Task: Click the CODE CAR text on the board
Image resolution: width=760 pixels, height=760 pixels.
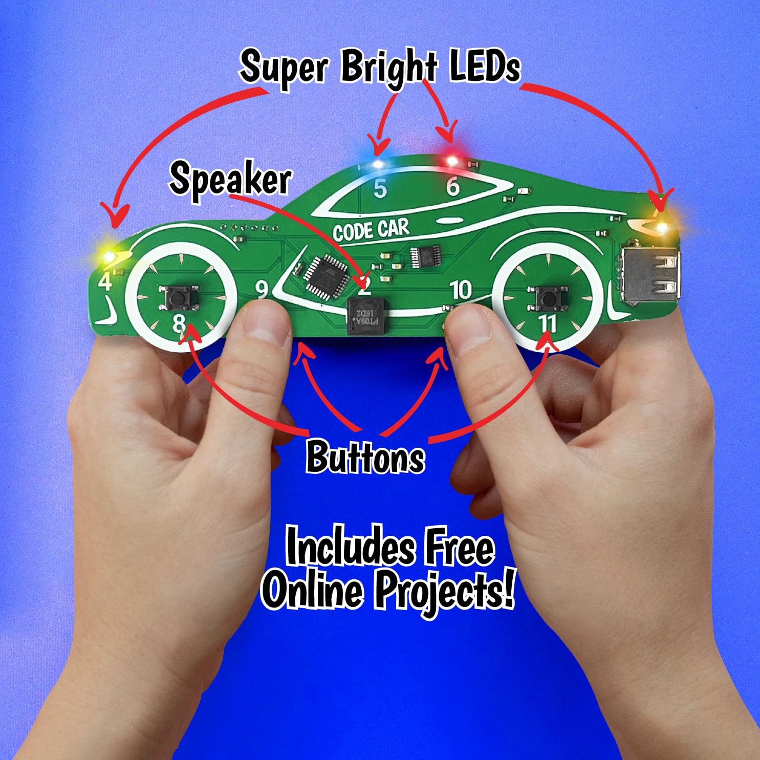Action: pos(371,230)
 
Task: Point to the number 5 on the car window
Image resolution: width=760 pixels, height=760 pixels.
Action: pos(380,189)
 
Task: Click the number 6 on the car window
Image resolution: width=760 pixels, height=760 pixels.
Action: pos(453,186)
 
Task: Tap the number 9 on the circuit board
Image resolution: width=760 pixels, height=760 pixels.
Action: pos(262,290)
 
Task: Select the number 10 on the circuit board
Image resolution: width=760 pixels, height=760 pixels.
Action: pos(461,290)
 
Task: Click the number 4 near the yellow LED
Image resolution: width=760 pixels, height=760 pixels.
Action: pos(105,281)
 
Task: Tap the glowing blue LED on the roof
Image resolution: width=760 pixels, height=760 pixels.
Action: pos(378,164)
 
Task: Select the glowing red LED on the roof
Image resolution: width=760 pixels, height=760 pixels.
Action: pos(452,161)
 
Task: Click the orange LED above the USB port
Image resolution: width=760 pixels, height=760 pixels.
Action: pos(663,226)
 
